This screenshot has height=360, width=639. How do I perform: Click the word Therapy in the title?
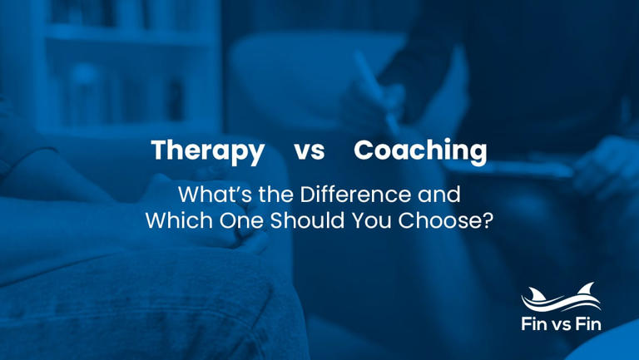point(207,151)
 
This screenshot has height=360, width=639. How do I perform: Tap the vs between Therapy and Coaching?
point(309,152)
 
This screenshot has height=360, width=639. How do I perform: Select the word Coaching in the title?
point(420,151)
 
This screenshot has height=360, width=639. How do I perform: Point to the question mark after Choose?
point(487,222)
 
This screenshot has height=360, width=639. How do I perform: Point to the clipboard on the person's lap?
point(508,166)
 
